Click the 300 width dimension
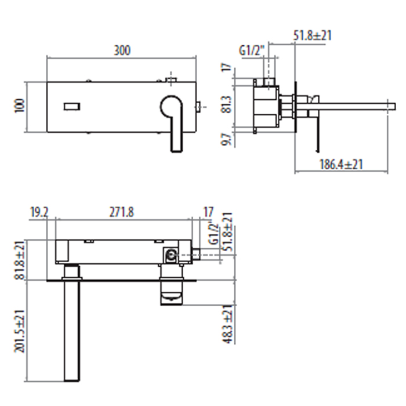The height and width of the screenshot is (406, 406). tap(122, 50)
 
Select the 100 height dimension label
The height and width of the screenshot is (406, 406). tap(19, 106)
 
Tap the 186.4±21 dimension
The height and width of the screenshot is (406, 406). tap(341, 164)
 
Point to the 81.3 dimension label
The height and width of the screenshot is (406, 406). tap(227, 104)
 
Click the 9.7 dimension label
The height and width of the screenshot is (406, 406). tap(227, 139)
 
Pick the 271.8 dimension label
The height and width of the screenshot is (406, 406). tap(122, 212)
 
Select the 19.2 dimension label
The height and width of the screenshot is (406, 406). tap(39, 212)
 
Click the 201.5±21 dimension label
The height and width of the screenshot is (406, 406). tap(19, 331)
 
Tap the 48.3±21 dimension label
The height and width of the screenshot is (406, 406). tap(228, 324)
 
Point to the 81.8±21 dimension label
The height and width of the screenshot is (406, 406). tap(19, 260)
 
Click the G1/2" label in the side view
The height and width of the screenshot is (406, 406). tap(252, 50)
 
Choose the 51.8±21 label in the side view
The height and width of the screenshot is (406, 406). tap(312, 35)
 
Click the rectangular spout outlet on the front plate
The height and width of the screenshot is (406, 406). tap(72, 107)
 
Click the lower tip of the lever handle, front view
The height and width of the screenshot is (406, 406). tap(177, 151)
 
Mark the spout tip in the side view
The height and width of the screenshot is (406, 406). tap(394, 107)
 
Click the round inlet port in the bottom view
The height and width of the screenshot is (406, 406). tap(171, 255)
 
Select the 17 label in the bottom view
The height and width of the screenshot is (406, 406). tap(208, 212)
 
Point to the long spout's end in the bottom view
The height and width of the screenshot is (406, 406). tap(72, 380)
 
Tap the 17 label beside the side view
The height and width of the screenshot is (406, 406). tap(227, 67)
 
